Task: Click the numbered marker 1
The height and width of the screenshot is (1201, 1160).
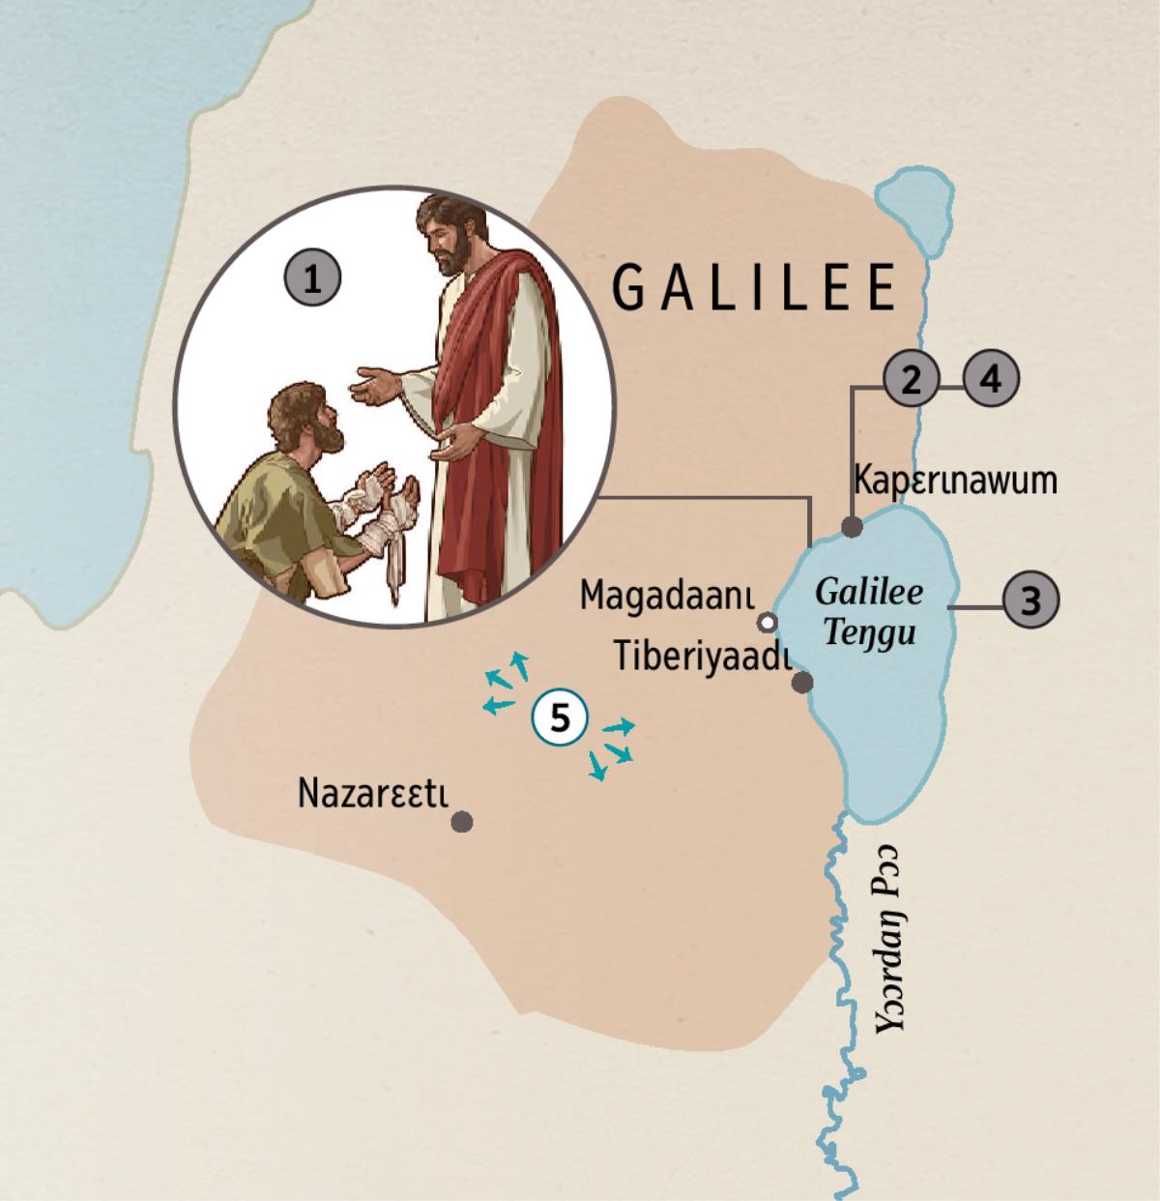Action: pos(311,279)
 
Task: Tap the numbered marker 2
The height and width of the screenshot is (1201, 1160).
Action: pos(910,380)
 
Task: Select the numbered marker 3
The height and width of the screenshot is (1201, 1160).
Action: pos(1030,600)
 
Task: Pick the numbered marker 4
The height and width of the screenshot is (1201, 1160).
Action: pos(991,380)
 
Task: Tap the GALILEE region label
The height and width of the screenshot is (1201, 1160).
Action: pos(755,287)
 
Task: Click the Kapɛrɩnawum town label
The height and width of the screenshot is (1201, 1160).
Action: pos(955,480)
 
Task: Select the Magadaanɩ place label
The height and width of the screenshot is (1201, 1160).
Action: pos(666,596)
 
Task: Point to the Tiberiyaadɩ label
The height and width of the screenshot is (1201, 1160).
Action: pos(703,657)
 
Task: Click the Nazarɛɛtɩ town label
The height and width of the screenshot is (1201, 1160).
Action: pos(373,793)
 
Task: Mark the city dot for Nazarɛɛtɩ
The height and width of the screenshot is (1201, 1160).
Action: pos(462,823)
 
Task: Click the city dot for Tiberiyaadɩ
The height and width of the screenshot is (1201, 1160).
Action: pos(801,683)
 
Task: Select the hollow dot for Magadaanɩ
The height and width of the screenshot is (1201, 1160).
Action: pos(768,620)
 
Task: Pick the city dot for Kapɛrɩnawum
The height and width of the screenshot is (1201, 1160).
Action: pos(852,527)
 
